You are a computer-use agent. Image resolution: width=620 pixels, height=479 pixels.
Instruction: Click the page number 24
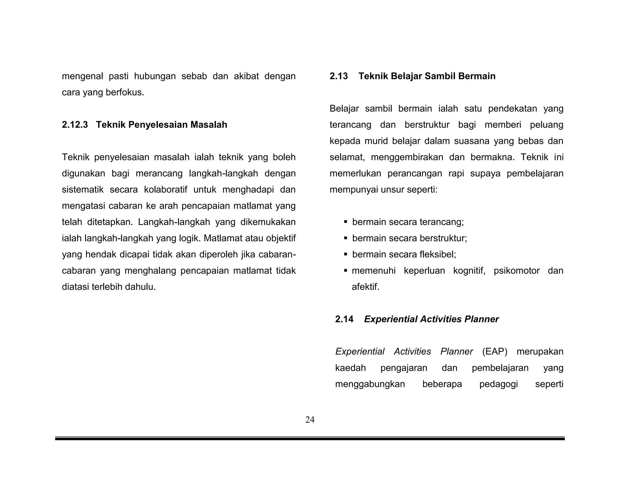point(310,420)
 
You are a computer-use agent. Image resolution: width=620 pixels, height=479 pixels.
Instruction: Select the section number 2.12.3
point(75,125)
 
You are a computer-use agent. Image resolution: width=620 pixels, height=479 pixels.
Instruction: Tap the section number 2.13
point(339,76)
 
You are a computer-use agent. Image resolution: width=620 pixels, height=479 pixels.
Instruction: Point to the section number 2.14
point(344,319)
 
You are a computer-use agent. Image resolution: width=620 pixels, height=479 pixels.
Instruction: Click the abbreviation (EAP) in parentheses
point(495,352)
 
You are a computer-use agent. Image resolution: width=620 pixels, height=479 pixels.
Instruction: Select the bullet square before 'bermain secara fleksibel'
point(345,254)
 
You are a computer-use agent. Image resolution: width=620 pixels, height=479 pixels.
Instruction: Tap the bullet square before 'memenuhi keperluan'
point(345,270)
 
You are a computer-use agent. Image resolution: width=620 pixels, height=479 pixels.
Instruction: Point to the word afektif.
point(365,287)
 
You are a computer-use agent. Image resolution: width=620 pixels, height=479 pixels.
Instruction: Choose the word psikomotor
point(516,271)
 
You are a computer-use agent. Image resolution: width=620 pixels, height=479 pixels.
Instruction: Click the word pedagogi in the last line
point(499,384)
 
